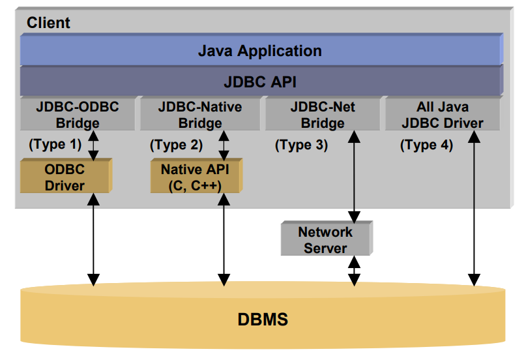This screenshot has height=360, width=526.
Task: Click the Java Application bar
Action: pyautogui.click(x=260, y=50)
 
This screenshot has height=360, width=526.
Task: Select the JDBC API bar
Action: pyautogui.click(x=260, y=82)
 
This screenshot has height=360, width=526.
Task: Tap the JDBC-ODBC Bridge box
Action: pyautogui.click(x=76, y=114)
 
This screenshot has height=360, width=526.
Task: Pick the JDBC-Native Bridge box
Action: pyautogui.click(x=199, y=114)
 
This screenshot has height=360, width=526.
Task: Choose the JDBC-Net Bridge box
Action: pyautogui.click(x=323, y=114)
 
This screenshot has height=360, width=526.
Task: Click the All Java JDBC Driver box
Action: pyautogui.click(x=443, y=114)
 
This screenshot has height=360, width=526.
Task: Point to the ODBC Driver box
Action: pyautogui.click(x=65, y=176)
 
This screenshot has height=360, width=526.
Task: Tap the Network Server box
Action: pyautogui.click(x=325, y=239)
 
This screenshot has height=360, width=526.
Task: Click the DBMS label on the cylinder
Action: pyautogui.click(x=263, y=320)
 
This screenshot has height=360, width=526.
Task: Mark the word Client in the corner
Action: pyautogui.click(x=48, y=23)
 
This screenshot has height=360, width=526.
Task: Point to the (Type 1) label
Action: pyautogui.click(x=55, y=144)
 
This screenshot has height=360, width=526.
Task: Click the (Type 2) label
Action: pyautogui.click(x=176, y=144)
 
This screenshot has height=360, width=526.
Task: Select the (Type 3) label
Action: pyautogui.click(x=301, y=145)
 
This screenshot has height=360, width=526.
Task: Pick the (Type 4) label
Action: pyautogui.click(x=426, y=145)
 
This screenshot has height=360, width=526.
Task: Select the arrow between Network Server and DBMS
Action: pyautogui.click(x=354, y=270)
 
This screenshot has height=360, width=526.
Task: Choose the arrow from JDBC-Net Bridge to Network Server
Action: pyautogui.click(x=354, y=176)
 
